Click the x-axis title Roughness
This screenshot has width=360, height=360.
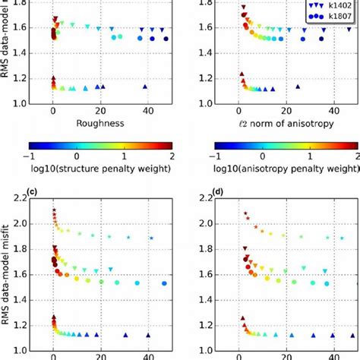click(100, 122)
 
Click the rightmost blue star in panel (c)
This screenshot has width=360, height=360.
click(151, 238)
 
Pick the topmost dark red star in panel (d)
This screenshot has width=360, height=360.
click(245, 213)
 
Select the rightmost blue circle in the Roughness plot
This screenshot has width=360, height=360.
click(166, 38)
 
